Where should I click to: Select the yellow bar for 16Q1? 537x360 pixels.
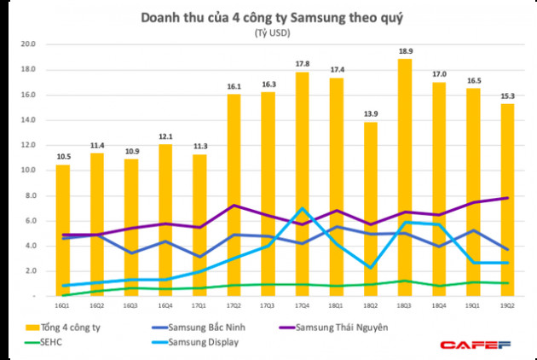63,230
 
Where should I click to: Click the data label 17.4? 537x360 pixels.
337,68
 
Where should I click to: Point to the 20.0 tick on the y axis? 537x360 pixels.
27,44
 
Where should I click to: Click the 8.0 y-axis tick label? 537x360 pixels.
30,195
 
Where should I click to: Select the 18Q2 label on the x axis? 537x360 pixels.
371,304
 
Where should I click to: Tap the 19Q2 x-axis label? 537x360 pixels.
507,304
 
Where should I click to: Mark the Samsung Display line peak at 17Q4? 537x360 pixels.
303,208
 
